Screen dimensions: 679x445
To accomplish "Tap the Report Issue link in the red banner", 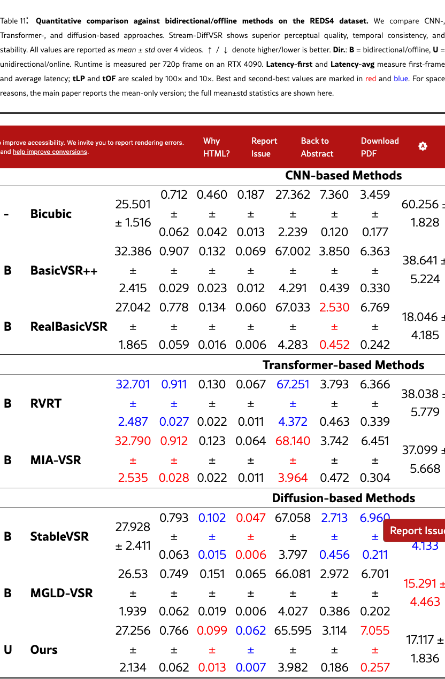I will pos(264,147).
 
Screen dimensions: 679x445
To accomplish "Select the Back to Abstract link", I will pos(317,147).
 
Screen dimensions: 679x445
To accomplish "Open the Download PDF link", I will pos(379,147).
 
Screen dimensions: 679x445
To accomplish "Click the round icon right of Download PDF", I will pos(423,146).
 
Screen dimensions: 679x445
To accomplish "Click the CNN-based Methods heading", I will pos(343,176).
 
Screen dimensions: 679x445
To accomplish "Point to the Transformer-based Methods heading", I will pos(343,365).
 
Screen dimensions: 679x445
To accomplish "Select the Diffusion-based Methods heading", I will pos(343,498).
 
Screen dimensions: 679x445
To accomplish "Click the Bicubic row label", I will pos(51,214).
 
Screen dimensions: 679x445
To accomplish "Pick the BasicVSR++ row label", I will pos(64,270).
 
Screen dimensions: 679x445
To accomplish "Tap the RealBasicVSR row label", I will pos(68,326).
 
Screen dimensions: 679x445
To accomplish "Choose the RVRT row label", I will pos(46,403).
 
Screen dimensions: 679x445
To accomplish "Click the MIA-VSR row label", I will pos(56,460).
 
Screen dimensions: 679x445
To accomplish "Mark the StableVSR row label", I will pos(59,536).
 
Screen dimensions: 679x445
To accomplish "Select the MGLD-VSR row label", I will pos(62,593).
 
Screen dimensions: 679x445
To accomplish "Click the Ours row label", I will pos(44,650).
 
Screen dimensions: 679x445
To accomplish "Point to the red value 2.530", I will pos(334,308).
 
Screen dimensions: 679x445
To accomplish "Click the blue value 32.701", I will pos(133,385).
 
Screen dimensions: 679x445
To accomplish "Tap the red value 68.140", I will pos(293,441).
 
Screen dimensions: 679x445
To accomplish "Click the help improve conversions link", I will pos(50,152).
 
